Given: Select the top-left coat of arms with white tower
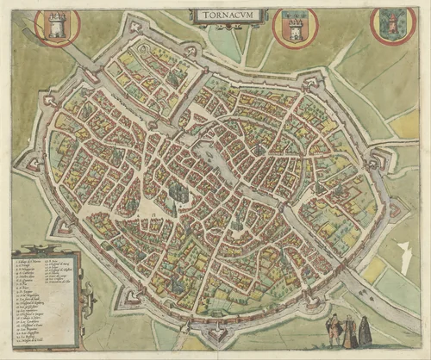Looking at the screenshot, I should click(x=57, y=26).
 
